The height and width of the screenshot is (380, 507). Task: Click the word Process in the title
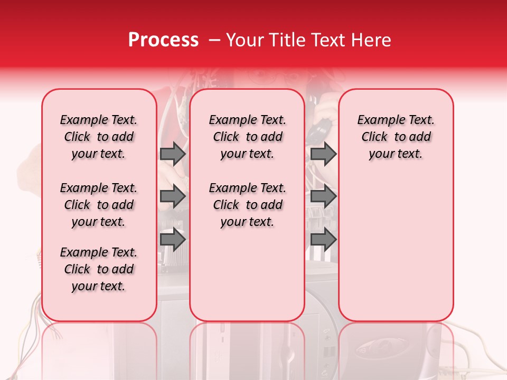(163, 40)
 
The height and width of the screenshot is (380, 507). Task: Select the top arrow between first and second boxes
(173, 154)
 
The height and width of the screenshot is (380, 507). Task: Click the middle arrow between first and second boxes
(173, 197)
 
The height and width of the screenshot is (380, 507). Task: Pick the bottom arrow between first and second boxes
(173, 240)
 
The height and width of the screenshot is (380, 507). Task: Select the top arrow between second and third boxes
(323, 154)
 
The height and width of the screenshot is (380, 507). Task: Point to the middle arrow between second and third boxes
(323, 197)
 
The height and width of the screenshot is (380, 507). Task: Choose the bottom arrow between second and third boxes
(323, 240)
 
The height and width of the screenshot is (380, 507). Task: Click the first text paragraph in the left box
(99, 137)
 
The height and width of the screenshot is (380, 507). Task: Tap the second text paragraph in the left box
(99, 205)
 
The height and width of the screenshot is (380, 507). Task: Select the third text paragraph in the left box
(99, 269)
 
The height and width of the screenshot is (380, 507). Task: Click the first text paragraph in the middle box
(247, 137)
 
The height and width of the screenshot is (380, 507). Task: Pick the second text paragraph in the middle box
(247, 205)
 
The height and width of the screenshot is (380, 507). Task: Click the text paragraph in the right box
(396, 137)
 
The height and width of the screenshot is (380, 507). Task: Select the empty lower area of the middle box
(247, 274)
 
